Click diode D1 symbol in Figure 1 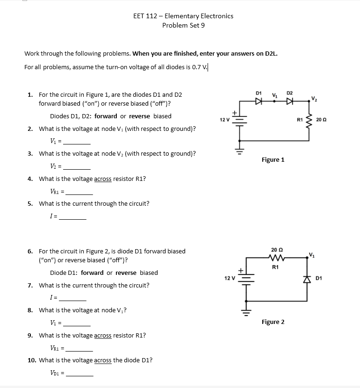(259, 101)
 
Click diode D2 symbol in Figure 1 (290, 101)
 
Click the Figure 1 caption (273, 160)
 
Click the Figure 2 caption (273, 322)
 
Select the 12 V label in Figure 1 (224, 120)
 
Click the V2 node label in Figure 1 (314, 97)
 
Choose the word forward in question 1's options (106, 116)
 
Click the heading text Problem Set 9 (183, 25)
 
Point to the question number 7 (30, 285)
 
